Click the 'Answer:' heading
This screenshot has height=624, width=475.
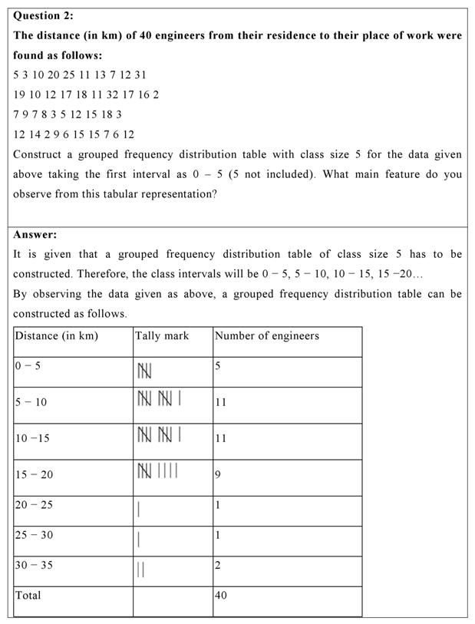click(x=35, y=235)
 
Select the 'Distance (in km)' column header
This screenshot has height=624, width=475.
click(x=57, y=336)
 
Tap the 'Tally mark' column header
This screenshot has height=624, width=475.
click(x=162, y=336)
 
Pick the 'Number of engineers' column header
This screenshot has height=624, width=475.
click(x=267, y=336)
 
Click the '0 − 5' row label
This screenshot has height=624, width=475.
click(x=28, y=365)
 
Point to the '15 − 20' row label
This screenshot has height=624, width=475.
click(x=34, y=474)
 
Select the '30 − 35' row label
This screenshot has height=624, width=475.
click(x=34, y=565)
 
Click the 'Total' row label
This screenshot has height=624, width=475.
click(x=28, y=595)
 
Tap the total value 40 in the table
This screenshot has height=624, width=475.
click(x=221, y=595)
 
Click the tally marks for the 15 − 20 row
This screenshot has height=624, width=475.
click(x=157, y=470)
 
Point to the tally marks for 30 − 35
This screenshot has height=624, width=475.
click(x=141, y=569)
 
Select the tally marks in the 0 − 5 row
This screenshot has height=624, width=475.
click(x=144, y=371)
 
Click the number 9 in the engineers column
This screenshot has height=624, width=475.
click(x=218, y=474)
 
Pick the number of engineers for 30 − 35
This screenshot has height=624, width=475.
click(x=218, y=566)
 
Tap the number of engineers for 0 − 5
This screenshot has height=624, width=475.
click(x=218, y=366)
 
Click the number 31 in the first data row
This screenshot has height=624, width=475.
click(x=140, y=75)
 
